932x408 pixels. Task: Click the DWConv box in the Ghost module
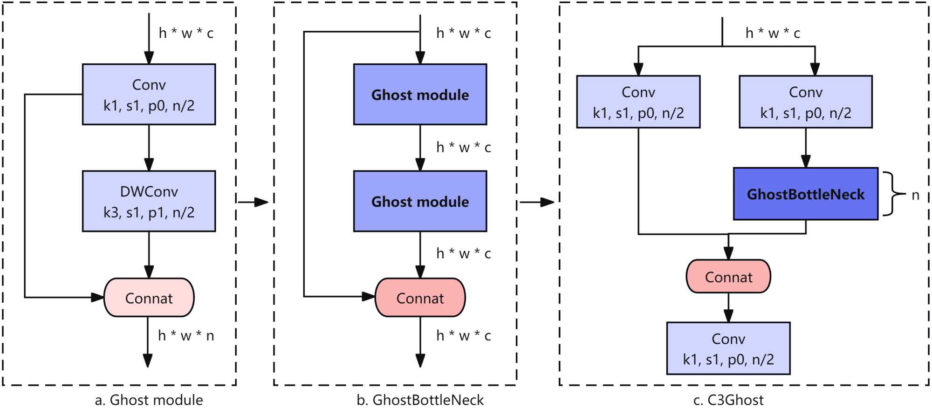coord(149,201)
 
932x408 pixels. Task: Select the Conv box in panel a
coord(149,95)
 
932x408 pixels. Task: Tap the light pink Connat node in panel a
coord(149,298)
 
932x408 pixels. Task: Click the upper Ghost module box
coord(420,95)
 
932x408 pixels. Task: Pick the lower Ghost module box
coord(420,201)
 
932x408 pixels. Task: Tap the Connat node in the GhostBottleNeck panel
coord(420,298)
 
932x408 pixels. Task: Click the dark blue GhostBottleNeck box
coord(805,194)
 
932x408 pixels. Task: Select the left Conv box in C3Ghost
coord(638,102)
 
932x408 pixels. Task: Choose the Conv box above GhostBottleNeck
coord(805,102)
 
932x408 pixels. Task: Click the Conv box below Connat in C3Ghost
coord(728,348)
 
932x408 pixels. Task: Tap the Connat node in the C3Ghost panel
coord(728,277)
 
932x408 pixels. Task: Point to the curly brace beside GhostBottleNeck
coord(891,194)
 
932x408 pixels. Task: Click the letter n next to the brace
coord(915,195)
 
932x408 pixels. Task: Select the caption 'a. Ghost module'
coord(149,400)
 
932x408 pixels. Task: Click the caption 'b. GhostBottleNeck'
coord(420,400)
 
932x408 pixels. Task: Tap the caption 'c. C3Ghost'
coord(728,400)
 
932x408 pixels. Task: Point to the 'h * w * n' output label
coord(186,336)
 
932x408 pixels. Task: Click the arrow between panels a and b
coord(254,202)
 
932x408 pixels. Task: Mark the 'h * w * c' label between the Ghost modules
coord(463,148)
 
